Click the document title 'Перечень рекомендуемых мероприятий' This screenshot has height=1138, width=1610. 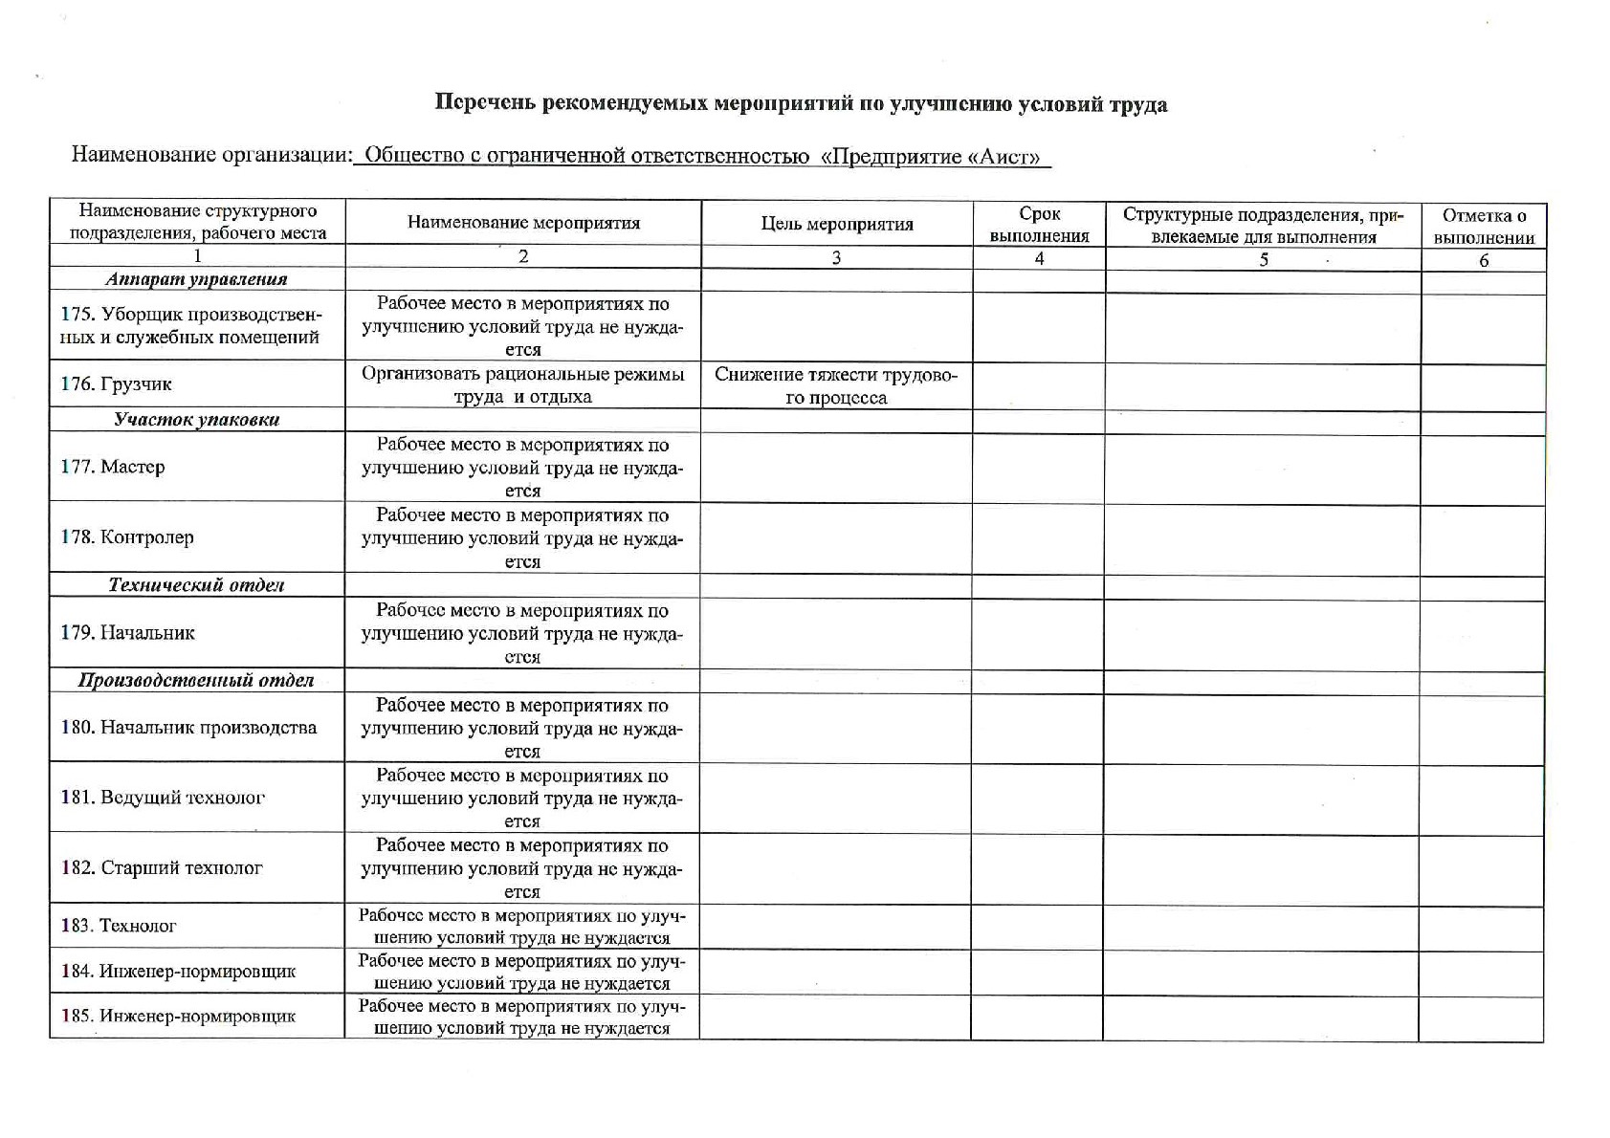(801, 104)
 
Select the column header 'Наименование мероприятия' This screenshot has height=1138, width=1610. (523, 224)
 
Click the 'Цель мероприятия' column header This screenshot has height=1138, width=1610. (837, 225)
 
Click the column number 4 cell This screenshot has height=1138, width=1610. (1039, 258)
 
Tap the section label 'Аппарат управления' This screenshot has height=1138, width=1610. (197, 279)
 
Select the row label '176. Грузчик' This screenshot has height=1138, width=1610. (116, 384)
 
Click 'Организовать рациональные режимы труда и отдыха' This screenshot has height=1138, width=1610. (523, 385)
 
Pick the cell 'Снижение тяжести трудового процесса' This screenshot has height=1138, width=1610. (836, 385)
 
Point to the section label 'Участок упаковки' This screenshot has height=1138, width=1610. (197, 420)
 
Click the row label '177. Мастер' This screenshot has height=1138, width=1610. (113, 467)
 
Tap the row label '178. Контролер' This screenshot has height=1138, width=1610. (127, 537)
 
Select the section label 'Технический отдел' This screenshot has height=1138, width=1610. (197, 585)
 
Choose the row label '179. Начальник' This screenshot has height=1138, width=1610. (127, 633)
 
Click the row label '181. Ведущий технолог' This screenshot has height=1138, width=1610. (163, 798)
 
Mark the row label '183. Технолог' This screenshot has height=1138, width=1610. (119, 926)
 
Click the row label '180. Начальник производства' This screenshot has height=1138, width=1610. (188, 728)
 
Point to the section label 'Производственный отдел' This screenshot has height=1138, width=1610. (197, 681)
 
